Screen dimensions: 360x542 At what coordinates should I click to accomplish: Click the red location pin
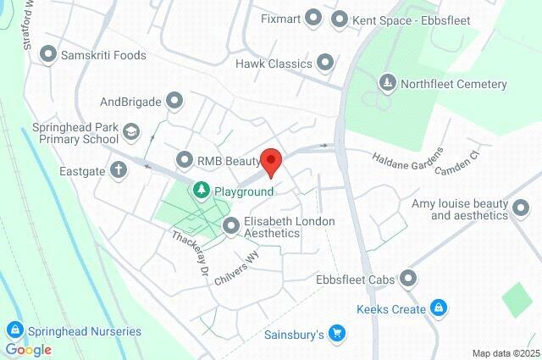point(270,161)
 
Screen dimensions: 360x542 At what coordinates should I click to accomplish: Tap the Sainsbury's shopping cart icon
point(336,334)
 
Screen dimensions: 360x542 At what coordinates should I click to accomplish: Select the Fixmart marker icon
point(313,17)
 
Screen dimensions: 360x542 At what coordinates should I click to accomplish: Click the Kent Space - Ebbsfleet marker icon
point(340,17)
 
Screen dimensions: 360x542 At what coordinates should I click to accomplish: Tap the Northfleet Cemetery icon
point(387,84)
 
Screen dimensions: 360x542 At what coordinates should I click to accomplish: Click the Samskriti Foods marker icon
point(47,55)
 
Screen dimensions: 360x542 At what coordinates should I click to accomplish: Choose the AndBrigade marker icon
point(175,102)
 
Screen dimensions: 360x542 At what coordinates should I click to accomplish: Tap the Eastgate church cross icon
point(119,169)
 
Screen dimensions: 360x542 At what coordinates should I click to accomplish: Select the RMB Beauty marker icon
point(185,159)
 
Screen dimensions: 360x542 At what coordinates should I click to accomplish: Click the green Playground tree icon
point(201,191)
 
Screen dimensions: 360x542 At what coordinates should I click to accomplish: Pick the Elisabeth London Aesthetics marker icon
point(230,226)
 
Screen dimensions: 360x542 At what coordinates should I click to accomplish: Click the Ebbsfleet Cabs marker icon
point(408,278)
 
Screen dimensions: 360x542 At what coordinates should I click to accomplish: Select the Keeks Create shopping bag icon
point(438,309)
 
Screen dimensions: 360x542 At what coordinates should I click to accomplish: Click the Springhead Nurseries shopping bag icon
point(14,330)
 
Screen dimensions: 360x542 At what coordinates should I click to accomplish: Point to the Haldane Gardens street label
point(408,158)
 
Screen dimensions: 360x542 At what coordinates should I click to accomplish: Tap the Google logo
point(28,349)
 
